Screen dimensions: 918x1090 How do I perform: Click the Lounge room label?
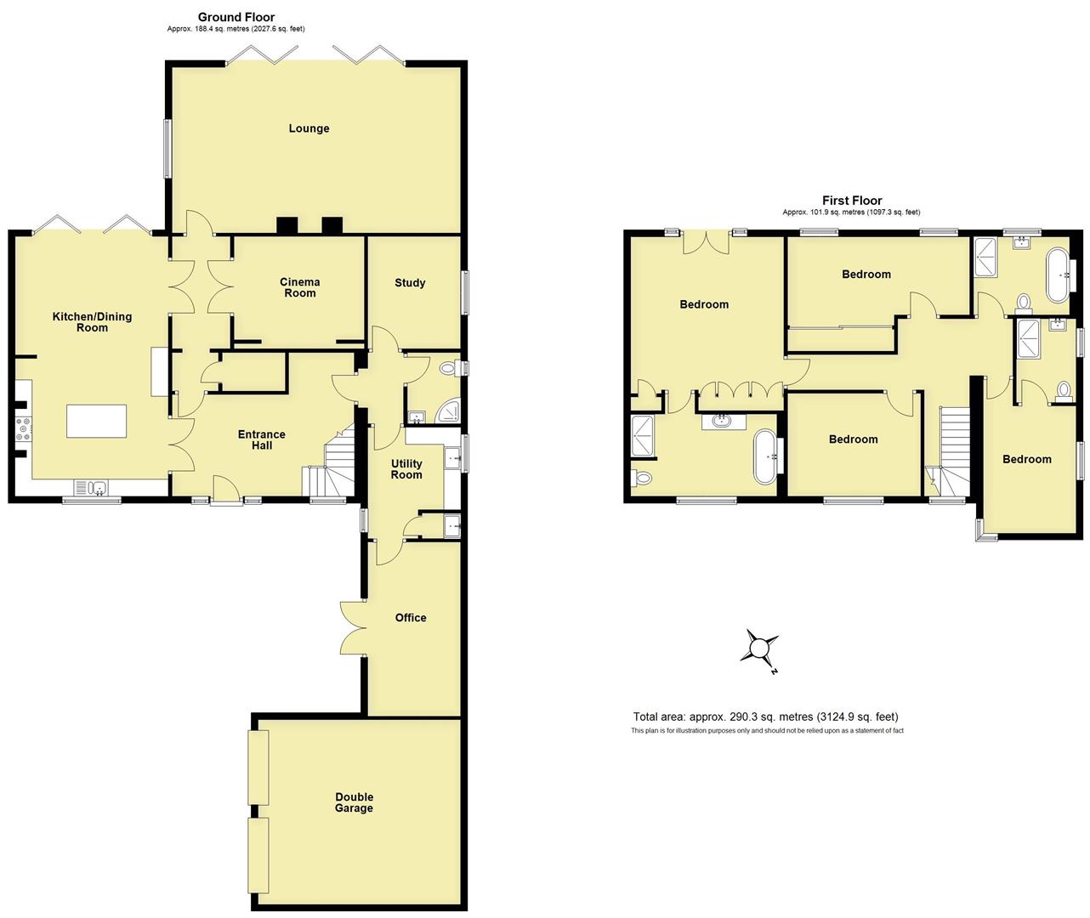pos(309,128)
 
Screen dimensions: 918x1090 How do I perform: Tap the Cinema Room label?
pos(300,287)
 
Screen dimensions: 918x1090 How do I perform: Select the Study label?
pos(410,283)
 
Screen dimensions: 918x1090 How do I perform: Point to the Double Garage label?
pos(354,802)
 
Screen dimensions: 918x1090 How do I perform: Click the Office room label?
pos(411,617)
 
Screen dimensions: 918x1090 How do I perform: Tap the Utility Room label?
pos(406,469)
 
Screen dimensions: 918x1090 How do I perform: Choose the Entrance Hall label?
pos(262,439)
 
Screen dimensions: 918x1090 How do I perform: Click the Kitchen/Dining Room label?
pos(93,322)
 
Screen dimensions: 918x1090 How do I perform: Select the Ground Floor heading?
pos(236,17)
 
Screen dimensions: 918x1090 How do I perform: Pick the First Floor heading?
pos(851,201)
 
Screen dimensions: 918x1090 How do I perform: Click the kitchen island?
pos(97,422)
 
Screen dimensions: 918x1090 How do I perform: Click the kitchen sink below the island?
pos(99,487)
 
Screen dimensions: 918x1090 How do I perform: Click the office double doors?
pos(353,628)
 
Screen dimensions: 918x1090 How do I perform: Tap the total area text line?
pos(765,717)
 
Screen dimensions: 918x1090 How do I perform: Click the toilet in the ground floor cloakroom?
pos(449,369)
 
